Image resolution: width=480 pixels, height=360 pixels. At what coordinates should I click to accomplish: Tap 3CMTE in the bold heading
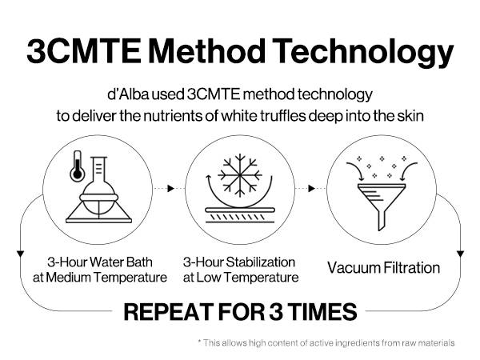tap(84, 51)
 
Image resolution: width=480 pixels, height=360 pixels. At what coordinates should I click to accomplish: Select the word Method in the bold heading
tap(207, 50)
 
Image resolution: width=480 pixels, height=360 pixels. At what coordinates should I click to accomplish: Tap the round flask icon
tap(99, 190)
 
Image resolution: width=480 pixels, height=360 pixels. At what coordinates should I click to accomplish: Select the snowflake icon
tap(240, 175)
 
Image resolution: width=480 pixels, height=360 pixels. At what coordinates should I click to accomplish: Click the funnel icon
tap(382, 206)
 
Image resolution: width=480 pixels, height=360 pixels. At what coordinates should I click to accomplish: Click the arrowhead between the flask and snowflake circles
tap(171, 188)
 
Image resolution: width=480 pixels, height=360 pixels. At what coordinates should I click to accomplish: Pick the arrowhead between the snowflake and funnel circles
tap(311, 188)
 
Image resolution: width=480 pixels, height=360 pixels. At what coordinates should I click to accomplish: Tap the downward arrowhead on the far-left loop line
tap(20, 254)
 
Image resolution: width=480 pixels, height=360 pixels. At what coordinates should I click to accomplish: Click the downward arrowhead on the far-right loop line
tap(460, 254)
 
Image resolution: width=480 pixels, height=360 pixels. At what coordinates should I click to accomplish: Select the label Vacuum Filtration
tap(383, 267)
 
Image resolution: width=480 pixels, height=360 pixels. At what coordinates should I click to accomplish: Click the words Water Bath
tap(122, 262)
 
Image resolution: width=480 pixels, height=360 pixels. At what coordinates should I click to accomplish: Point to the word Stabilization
tap(261, 262)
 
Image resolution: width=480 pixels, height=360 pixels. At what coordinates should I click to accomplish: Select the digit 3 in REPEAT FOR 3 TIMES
tap(276, 312)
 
